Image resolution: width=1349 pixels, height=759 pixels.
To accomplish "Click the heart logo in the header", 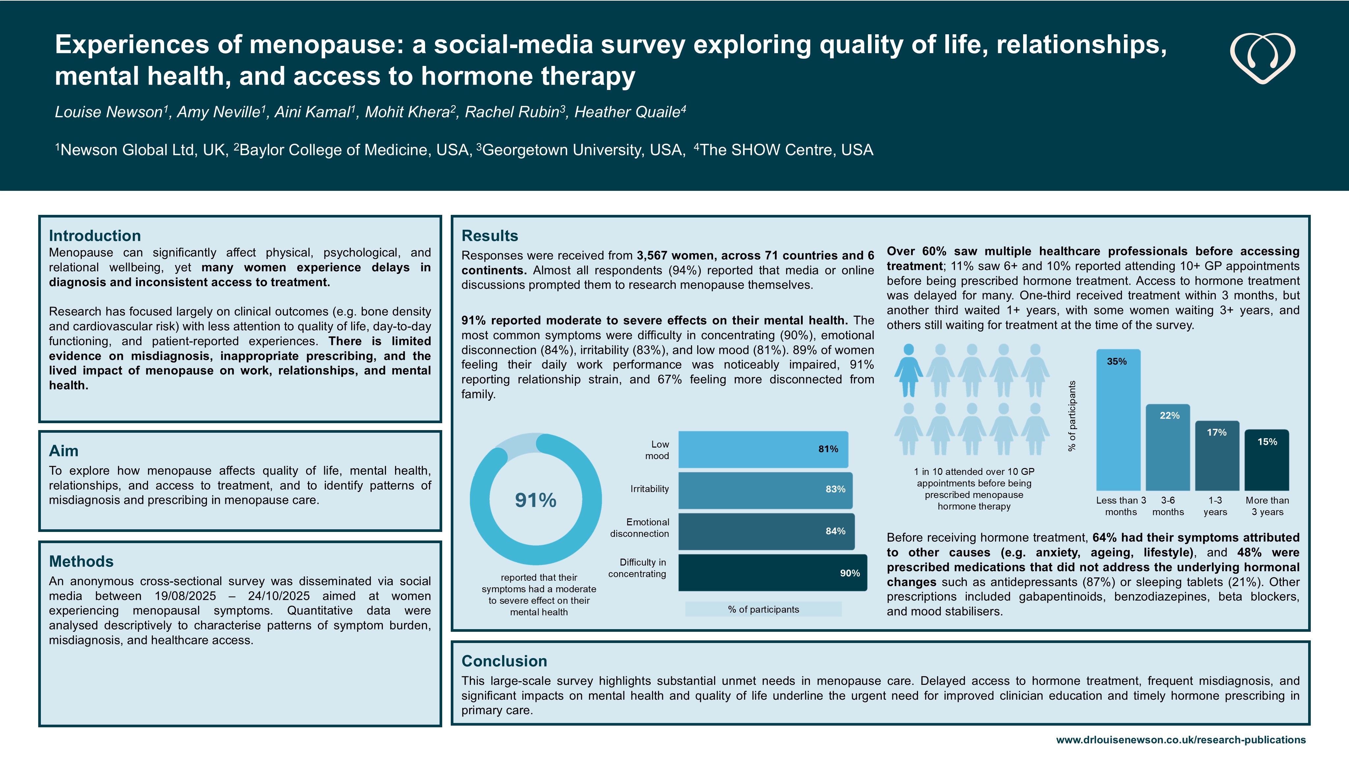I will coord(1262,59).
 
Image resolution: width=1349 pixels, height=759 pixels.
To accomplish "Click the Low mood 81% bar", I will coord(763,450).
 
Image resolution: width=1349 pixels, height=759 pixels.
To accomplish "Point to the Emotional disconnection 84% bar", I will coord(766,532).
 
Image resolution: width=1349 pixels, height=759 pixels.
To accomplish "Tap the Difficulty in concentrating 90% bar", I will coord(772,573).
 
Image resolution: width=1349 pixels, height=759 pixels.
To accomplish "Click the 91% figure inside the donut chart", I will coord(535,500).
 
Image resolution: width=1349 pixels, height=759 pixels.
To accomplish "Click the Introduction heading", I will coord(95,236).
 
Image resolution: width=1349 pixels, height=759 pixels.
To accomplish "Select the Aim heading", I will coord(63,451).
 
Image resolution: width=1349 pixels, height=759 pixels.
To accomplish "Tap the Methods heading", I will coord(81,562).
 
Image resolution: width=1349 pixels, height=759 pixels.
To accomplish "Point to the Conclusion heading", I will coord(504,661).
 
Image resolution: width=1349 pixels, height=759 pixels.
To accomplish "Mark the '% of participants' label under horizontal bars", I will coord(763,609).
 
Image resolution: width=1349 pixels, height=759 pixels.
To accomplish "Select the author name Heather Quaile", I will coord(627,112).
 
